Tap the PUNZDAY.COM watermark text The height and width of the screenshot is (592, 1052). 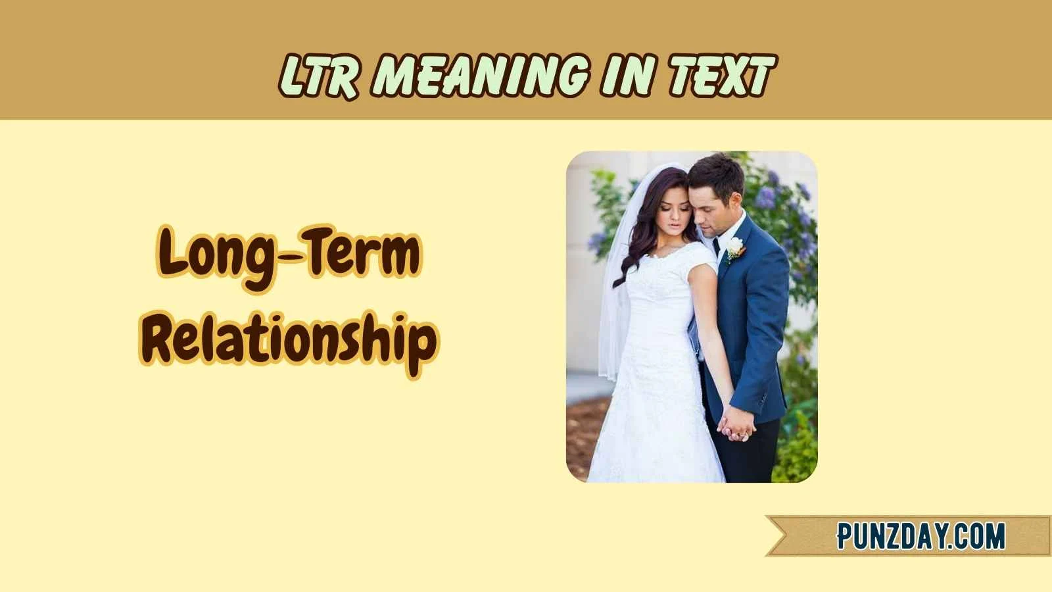tap(920, 536)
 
